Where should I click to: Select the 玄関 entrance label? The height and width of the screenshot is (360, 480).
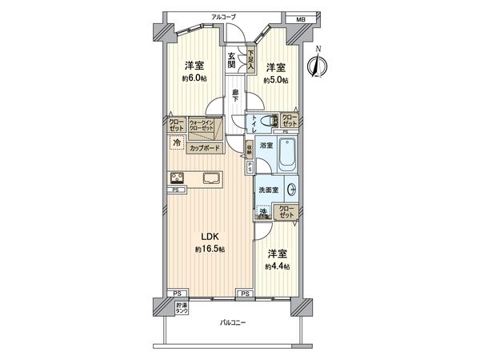point(231,61)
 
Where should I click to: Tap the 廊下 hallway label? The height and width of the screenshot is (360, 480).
point(235,96)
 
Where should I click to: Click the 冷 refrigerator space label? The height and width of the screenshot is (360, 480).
point(175,143)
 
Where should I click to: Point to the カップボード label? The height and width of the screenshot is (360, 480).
point(206,148)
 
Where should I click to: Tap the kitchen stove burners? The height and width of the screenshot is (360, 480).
point(177,178)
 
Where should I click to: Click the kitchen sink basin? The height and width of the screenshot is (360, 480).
point(210,178)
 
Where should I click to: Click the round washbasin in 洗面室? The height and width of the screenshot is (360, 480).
point(292,191)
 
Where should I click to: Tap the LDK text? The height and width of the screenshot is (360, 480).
point(209,237)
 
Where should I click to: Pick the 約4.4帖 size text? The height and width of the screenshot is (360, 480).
point(278,266)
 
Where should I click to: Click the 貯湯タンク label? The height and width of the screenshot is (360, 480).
point(182,307)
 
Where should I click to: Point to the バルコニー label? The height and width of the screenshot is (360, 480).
point(234,323)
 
